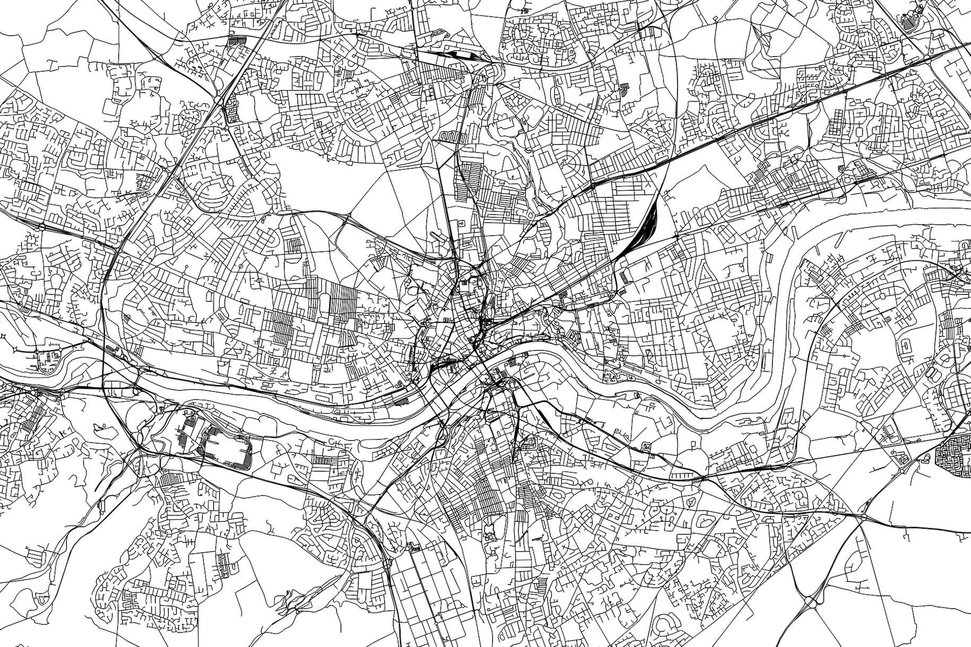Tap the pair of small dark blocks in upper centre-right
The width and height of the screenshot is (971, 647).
point(623,88)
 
